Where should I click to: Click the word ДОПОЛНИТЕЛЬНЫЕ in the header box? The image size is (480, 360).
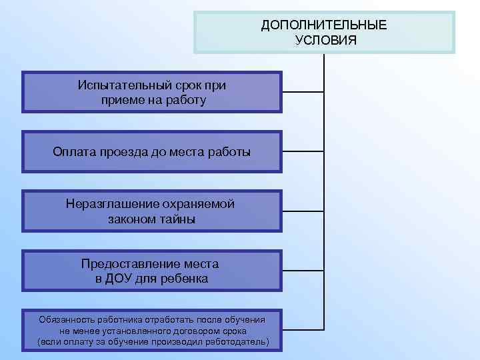[324, 25]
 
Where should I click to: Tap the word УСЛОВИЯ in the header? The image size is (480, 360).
[324, 40]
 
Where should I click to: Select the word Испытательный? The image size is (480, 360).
[120, 86]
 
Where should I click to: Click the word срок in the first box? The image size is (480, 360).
[184, 86]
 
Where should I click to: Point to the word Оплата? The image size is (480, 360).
[76, 152]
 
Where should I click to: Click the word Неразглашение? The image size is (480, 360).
[113, 204]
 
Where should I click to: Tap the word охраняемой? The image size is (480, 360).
[199, 204]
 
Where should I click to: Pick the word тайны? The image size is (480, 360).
[178, 219]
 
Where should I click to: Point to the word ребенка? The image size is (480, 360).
[182, 279]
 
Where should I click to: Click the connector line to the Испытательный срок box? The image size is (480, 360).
[303, 92]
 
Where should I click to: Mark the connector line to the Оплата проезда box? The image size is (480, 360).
[303, 151]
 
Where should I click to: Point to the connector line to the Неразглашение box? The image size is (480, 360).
[303, 210]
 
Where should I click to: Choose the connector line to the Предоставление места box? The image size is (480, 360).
[303, 270]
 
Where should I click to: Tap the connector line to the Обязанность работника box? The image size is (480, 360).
[303, 329]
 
